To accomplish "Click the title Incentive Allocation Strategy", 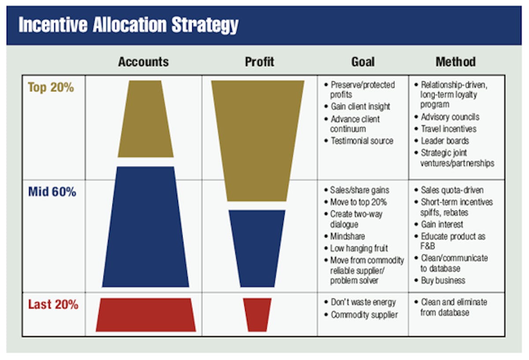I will click(x=128, y=26).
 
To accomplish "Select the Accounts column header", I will click(x=143, y=62).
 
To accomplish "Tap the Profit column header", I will click(x=259, y=62).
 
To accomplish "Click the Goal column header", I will click(x=363, y=62).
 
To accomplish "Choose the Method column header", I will click(x=455, y=62).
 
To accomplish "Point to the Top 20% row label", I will click(x=51, y=87).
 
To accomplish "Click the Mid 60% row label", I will click(x=52, y=192).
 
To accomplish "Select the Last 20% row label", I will click(x=53, y=304).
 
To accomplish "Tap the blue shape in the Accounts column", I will click(x=145, y=227).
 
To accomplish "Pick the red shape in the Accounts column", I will click(x=146, y=315).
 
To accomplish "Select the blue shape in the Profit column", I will click(x=257, y=248).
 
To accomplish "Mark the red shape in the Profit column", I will click(x=257, y=315).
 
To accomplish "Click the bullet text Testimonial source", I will click(x=361, y=141).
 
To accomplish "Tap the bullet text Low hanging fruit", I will click(x=359, y=248).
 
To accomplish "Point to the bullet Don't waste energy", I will click(x=363, y=303).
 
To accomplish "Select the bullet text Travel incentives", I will click(x=448, y=129).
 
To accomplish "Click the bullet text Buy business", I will click(x=443, y=281).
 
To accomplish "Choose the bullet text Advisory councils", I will click(x=450, y=117).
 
